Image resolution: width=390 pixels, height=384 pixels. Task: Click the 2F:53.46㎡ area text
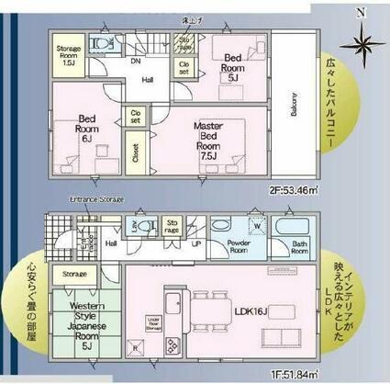tap(293, 191)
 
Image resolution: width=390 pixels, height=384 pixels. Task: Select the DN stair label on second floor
tap(135, 61)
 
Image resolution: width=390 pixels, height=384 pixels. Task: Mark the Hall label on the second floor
tap(147, 81)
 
